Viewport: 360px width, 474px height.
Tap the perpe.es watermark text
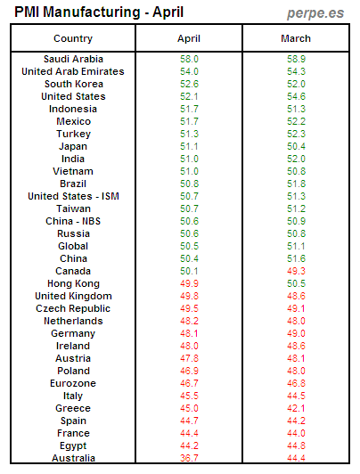click(317, 12)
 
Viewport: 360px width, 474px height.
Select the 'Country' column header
click(73, 38)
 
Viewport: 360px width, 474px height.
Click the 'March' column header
click(295, 38)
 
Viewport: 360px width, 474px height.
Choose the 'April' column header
click(189, 38)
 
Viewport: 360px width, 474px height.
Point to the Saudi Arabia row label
click(73, 58)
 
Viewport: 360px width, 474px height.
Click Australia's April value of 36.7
click(189, 458)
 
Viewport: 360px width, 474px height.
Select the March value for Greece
click(295, 408)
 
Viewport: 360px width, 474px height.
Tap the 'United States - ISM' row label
click(73, 196)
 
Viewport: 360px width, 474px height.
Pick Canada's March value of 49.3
click(295, 271)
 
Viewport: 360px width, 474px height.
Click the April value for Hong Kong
click(189, 283)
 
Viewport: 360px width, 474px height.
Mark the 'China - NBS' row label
click(73, 221)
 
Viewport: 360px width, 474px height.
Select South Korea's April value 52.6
click(189, 84)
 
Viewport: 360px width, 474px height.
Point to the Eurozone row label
click(73, 383)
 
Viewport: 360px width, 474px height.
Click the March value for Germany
click(295, 333)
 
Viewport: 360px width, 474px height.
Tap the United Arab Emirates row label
click(73, 71)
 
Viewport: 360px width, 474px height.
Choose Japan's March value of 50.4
click(295, 146)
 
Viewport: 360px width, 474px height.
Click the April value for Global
click(189, 246)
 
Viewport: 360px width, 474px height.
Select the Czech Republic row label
click(73, 308)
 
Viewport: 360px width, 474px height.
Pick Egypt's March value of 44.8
click(295, 445)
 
